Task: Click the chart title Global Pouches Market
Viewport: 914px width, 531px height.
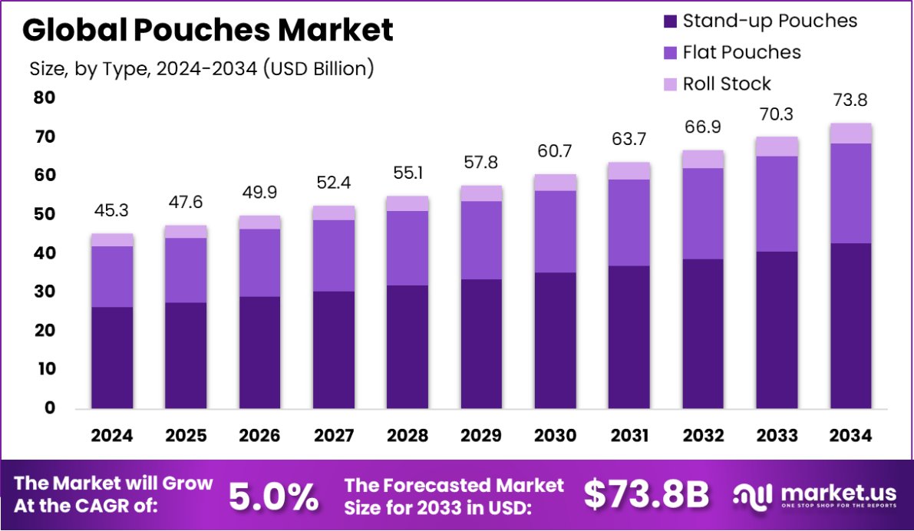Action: pos(207,30)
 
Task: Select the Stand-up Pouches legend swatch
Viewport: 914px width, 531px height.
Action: pos(670,21)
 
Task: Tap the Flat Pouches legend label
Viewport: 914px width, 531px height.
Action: pos(741,52)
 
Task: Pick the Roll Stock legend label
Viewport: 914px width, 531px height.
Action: pos(726,84)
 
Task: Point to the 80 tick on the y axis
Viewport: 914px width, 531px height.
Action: pos(45,98)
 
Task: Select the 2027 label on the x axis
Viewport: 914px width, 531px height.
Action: pos(335,436)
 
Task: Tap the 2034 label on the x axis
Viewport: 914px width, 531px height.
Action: pos(851,436)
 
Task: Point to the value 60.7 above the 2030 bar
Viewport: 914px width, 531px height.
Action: pos(555,151)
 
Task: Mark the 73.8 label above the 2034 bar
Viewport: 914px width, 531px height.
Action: pos(851,100)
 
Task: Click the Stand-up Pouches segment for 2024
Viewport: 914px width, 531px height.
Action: pos(112,358)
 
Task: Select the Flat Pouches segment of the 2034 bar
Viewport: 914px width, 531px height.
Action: pos(851,193)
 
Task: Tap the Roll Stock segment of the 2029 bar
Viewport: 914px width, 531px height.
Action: pos(481,193)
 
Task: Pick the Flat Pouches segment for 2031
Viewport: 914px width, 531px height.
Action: pos(629,223)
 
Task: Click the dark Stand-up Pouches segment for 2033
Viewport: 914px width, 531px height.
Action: pos(777,330)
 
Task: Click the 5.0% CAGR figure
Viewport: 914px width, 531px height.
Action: pos(274,496)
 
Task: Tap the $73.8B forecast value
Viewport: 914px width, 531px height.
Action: pos(646,495)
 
